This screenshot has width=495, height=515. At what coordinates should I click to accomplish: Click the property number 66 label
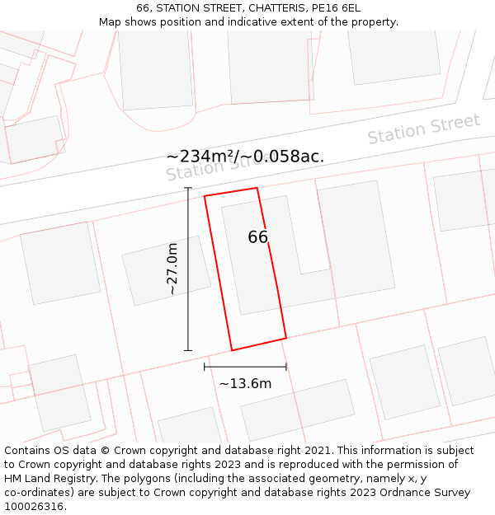pyautogui.click(x=257, y=237)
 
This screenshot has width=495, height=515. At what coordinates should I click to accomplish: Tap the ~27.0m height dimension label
pyautogui.click(x=172, y=269)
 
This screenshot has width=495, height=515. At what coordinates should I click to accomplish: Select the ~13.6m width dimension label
pyautogui.click(x=245, y=383)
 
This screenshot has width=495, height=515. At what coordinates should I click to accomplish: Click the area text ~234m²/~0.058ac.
pyautogui.click(x=245, y=157)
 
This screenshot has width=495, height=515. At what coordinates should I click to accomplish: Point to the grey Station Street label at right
pyautogui.click(x=423, y=129)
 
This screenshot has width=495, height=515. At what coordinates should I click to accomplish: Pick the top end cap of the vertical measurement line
pyautogui.click(x=188, y=188)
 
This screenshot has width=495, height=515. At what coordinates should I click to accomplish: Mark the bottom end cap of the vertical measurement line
pyautogui.click(x=188, y=350)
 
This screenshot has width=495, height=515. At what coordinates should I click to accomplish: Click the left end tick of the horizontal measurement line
pyautogui.click(x=205, y=367)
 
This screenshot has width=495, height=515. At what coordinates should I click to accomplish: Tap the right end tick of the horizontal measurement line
pyautogui.click(x=286, y=367)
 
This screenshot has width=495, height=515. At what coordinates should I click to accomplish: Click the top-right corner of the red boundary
pyautogui.click(x=257, y=188)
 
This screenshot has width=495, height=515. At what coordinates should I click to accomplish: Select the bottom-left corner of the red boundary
pyautogui.click(x=232, y=350)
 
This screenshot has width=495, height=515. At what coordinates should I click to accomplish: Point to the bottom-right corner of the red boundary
pyautogui.click(x=286, y=338)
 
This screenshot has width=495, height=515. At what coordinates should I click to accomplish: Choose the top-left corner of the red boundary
pyautogui.click(x=205, y=196)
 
